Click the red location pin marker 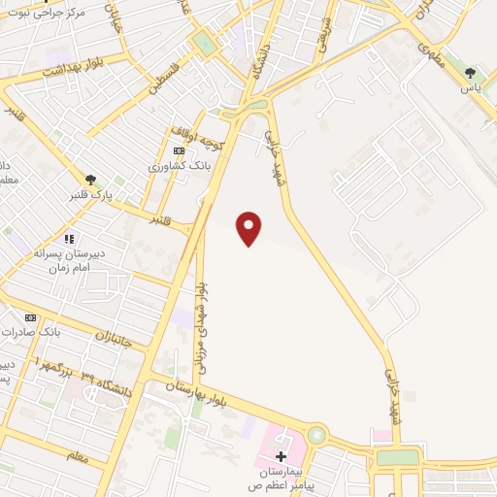click(x=250, y=228)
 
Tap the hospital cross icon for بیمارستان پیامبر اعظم click(x=282, y=456)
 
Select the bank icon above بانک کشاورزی click(x=179, y=151)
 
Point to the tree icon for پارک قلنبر click(x=90, y=179)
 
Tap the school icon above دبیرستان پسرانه click(x=68, y=238)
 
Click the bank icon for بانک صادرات click(x=30, y=317)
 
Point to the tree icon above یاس click(x=471, y=73)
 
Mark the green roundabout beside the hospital click(x=316, y=435)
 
